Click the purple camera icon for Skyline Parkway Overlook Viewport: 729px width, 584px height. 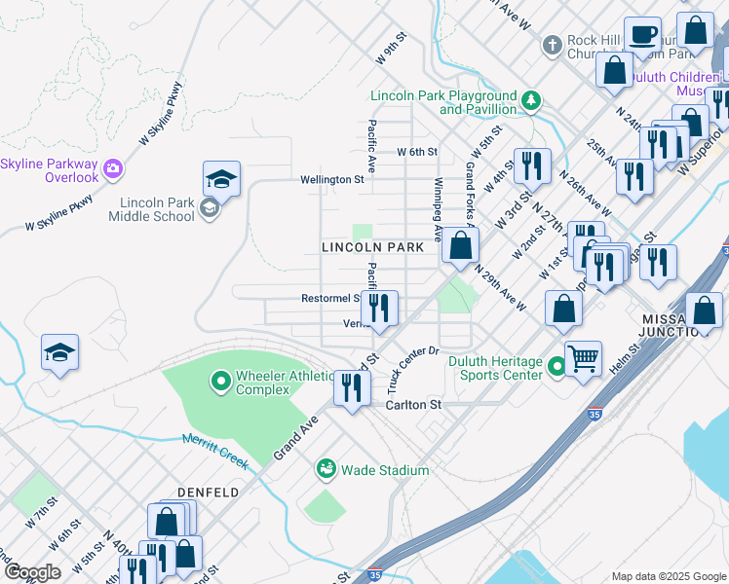point(113,169)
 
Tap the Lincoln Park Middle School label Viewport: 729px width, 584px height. point(157,209)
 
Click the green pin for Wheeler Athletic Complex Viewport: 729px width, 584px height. point(221,381)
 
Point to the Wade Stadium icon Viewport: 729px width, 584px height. point(326,470)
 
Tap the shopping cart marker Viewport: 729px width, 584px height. point(583,359)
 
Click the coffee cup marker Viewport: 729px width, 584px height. point(642,35)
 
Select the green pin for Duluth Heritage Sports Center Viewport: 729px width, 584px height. point(556,367)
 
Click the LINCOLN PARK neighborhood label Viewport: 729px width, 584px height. point(373,248)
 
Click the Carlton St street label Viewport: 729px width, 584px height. point(414,405)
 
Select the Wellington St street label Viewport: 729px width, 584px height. point(331,179)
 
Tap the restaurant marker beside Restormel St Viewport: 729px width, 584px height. point(379,309)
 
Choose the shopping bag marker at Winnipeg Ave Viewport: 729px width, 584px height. point(460,247)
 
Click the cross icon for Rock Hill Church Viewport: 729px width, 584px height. point(553,46)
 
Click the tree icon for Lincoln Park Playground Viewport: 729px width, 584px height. point(531,100)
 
